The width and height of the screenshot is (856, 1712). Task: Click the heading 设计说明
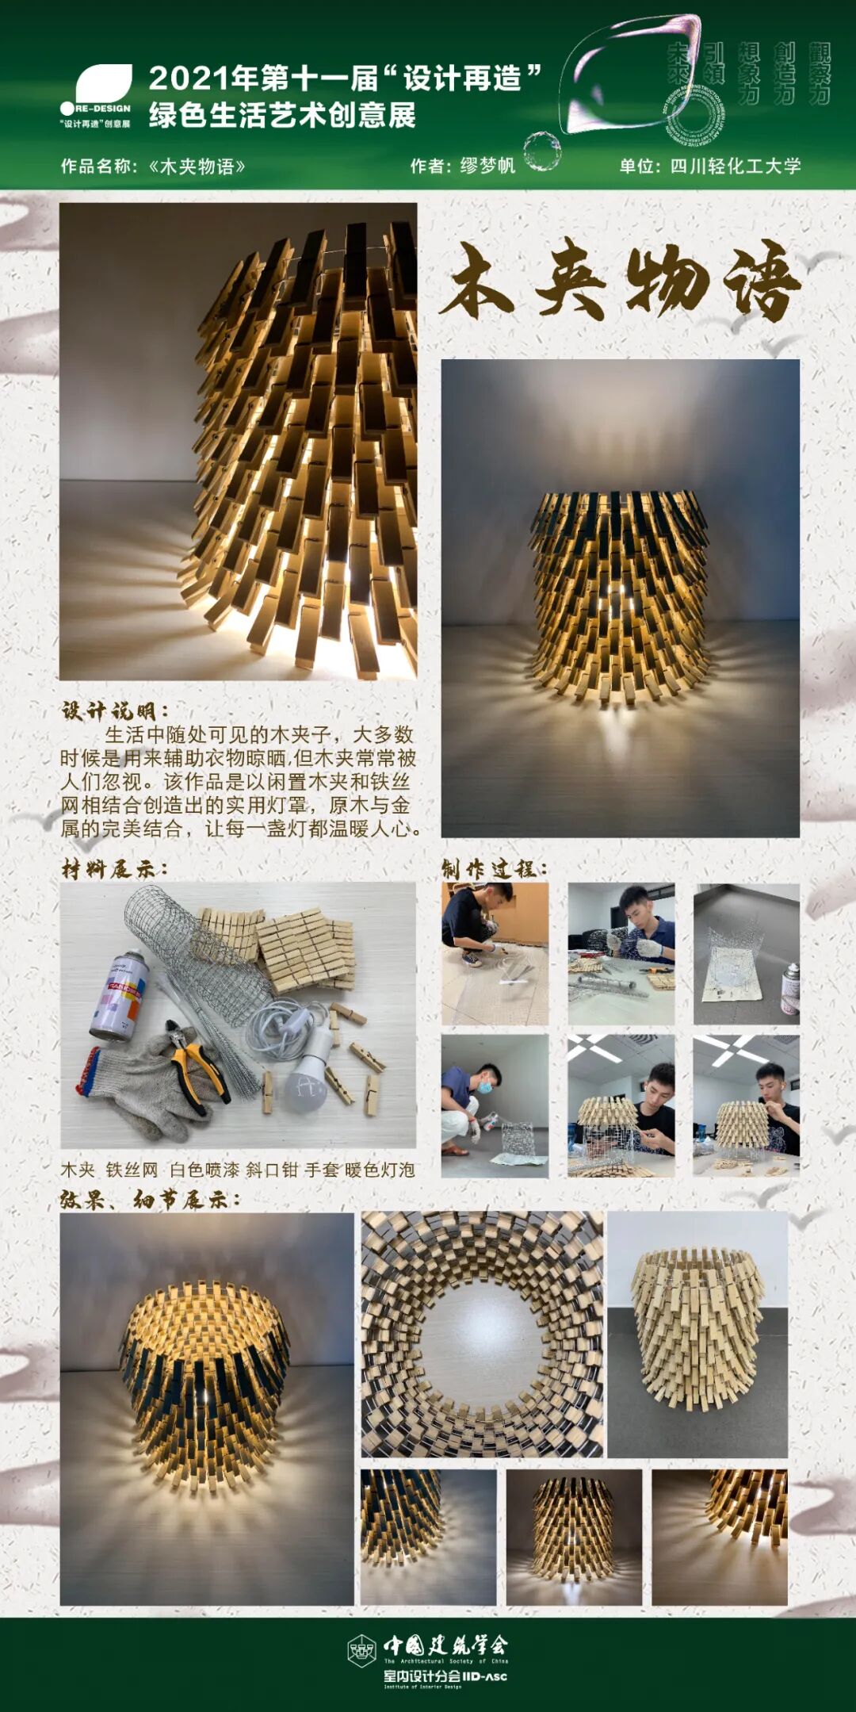click(x=114, y=710)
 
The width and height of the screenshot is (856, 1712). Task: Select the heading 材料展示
click(x=114, y=869)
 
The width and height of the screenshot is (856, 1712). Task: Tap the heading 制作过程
click(x=494, y=869)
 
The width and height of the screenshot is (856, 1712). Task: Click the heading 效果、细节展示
click(x=150, y=1199)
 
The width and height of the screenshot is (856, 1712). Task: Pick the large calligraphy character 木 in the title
click(x=480, y=282)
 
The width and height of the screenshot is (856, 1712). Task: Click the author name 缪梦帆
click(x=487, y=166)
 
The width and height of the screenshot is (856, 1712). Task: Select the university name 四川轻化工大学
click(x=736, y=166)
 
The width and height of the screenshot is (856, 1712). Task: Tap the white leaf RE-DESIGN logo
click(x=103, y=84)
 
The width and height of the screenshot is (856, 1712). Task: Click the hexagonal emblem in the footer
click(x=362, y=1651)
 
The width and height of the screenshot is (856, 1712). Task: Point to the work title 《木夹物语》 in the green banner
click(x=197, y=167)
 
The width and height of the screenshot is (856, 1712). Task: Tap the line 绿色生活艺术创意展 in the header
click(x=282, y=116)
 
